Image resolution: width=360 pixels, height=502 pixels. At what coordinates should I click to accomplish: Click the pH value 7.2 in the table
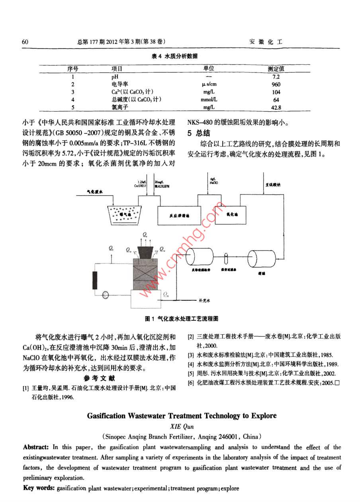276,76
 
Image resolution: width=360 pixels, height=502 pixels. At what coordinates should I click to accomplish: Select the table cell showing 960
276,84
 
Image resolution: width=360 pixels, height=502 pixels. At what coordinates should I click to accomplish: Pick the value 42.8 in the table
276,108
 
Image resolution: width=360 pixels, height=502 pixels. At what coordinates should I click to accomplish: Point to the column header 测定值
276,69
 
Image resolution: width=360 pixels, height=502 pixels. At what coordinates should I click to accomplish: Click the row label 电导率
119,84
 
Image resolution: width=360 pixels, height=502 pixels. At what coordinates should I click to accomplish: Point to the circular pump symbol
106,295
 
